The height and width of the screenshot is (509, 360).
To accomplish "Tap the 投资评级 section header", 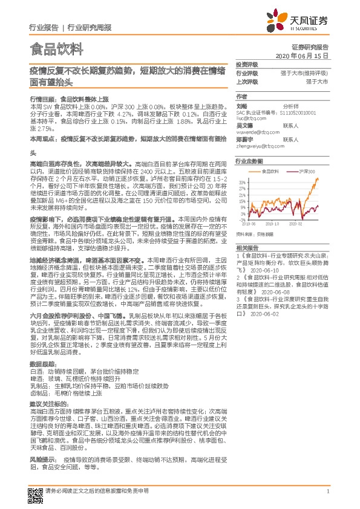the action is [246, 64].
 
